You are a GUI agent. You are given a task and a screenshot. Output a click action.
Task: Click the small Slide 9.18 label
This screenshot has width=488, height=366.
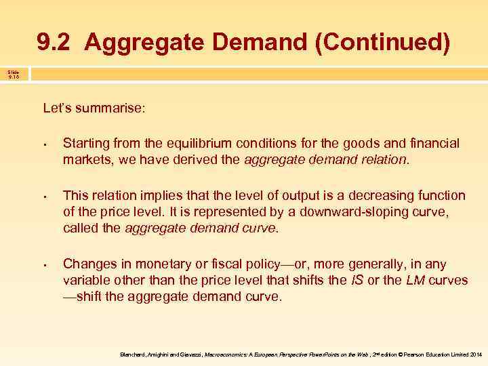tap(14, 74)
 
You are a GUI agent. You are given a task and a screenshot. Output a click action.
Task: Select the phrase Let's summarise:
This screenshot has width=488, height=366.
tap(94, 108)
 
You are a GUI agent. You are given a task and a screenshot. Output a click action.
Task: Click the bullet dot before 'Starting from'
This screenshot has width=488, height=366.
tap(43, 144)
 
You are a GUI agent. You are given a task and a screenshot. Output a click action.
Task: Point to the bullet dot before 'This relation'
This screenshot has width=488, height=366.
tap(43, 197)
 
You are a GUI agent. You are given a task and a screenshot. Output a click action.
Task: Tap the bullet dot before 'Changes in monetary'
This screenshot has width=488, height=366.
tap(43, 265)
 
